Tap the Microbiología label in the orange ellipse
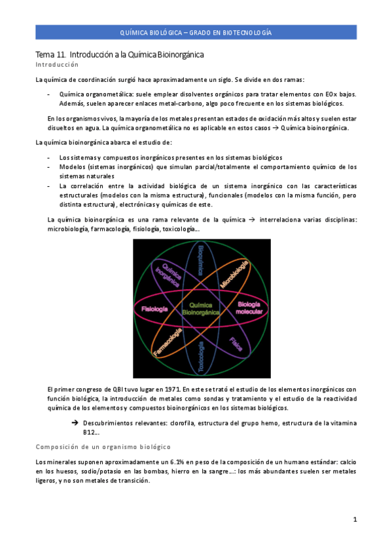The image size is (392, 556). pos(234,273)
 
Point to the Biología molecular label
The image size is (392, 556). pos(249,308)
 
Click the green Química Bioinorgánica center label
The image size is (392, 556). pos(202,309)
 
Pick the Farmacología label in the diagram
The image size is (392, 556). pos(168,343)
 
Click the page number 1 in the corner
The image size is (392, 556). pos(354,520)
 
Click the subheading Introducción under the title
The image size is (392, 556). pos(56,66)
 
